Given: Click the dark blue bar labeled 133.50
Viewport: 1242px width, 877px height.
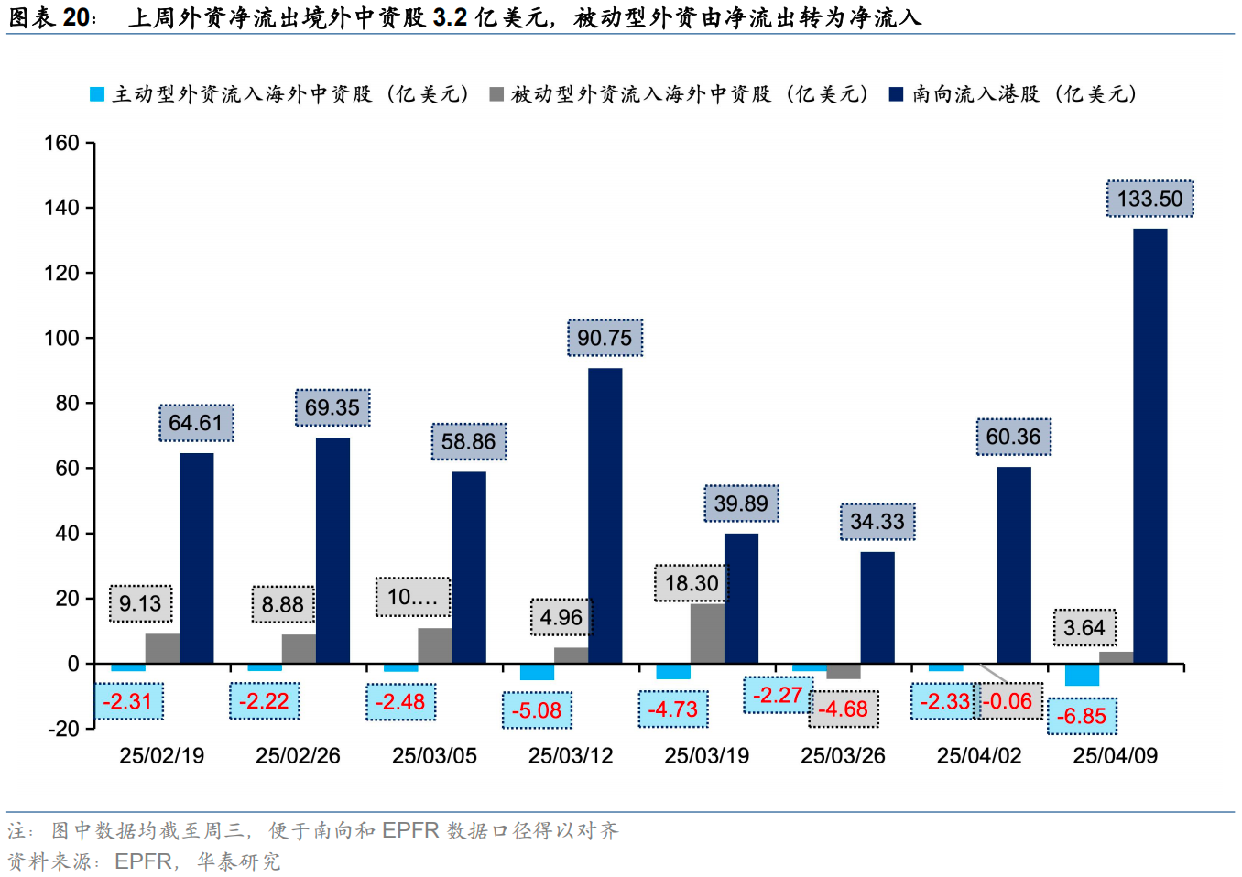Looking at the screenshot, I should click(1149, 445).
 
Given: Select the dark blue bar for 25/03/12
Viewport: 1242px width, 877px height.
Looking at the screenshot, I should click(605, 515).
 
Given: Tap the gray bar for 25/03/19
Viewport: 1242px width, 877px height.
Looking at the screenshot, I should click(707, 633).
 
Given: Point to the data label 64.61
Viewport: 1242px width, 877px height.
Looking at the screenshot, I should click(196, 423).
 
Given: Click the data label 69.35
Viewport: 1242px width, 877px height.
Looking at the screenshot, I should click(332, 407).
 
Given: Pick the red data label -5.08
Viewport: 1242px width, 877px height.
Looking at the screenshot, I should click(537, 710).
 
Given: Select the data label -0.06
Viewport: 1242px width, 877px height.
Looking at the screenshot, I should click(1008, 701).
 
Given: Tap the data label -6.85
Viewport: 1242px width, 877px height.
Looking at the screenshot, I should click(1082, 716).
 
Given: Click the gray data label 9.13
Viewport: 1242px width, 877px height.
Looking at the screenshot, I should click(140, 603).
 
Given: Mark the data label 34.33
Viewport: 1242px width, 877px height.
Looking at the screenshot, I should click(877, 522).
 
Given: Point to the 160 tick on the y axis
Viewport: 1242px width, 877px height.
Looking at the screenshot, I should click(61, 143).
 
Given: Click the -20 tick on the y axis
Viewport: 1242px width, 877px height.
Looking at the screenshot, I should click(63, 729).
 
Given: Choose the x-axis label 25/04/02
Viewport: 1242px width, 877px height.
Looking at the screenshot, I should click(979, 756).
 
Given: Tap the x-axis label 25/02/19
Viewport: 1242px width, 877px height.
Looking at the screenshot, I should click(162, 756).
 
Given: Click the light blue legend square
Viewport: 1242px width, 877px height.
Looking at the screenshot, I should click(97, 94).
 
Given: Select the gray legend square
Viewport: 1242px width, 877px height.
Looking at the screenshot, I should click(496, 94).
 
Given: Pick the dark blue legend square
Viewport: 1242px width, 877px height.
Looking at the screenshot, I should click(897, 94).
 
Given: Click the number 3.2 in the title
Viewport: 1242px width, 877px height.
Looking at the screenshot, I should click(450, 17).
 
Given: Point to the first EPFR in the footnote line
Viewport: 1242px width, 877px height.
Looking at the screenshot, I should click(410, 830).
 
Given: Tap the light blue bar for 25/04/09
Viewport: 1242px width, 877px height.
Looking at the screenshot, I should click(1082, 674).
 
